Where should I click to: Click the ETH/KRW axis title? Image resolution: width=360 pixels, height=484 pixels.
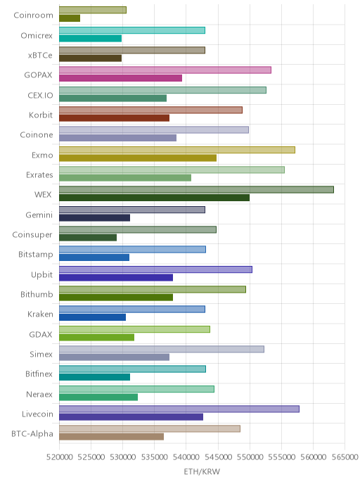202,471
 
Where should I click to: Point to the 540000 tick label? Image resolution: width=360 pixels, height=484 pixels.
186,457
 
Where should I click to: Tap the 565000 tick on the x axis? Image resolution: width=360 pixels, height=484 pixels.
345,457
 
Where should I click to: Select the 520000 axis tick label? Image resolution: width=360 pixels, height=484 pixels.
59,457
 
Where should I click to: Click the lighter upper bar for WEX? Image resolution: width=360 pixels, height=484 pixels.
196,189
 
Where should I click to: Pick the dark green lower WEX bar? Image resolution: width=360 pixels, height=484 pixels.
154,198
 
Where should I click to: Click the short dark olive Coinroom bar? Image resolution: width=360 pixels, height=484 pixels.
70,18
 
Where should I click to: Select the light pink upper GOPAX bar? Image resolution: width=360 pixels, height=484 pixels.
165,70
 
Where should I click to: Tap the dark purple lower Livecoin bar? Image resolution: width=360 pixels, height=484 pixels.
131,417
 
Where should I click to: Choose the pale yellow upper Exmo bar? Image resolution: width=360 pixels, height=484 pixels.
177,150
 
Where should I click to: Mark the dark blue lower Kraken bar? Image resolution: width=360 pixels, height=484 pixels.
93,317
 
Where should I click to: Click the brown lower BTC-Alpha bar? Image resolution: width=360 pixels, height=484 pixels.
111,437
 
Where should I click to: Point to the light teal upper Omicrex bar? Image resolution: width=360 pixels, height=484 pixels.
132,30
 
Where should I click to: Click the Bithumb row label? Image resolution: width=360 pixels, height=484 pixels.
37,294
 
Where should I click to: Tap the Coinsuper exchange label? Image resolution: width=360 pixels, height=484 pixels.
32,234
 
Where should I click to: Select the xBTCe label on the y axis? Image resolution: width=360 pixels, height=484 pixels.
40,56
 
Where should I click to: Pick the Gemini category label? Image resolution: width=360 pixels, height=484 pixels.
39,215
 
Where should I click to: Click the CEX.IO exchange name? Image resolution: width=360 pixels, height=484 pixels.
40,95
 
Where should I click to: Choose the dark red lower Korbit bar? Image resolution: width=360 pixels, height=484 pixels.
114,118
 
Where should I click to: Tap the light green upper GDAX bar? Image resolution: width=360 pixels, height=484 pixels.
134,329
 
